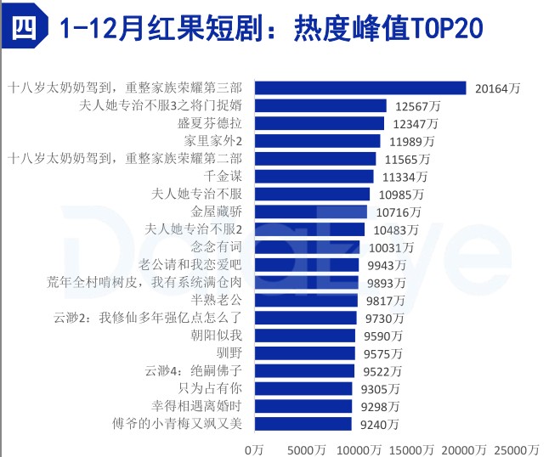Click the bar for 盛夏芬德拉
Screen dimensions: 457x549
coord(320,123)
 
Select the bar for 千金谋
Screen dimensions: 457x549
coord(314,176)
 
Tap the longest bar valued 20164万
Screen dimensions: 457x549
coord(361,87)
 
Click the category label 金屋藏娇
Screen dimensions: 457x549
coord(218,212)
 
